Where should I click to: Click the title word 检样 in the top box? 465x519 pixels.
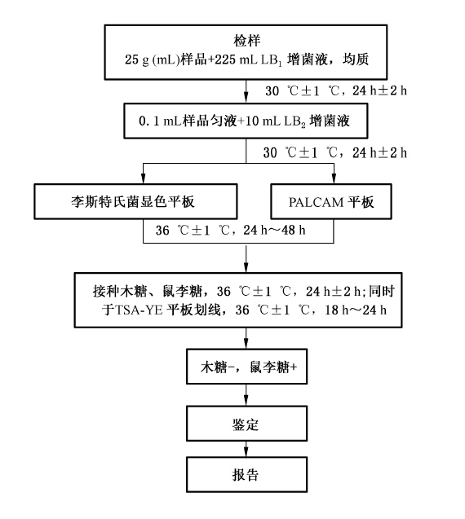(247, 41)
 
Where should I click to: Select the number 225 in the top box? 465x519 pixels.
(225, 59)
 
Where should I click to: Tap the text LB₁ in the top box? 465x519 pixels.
(272, 60)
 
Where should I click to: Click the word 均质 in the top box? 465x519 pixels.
(356, 59)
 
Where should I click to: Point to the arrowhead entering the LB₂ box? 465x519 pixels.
(246, 98)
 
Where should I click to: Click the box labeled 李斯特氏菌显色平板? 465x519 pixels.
(135, 201)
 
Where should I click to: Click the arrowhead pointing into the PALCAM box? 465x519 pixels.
(334, 178)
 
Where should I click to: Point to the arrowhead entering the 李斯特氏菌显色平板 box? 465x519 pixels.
(144, 178)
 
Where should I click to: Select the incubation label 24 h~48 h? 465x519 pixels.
(274, 230)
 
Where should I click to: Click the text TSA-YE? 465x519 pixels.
(139, 310)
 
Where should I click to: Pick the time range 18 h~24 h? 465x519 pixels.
(356, 310)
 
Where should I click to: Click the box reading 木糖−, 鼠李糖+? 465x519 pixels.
(246, 367)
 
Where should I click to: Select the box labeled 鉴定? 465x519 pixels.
(246, 424)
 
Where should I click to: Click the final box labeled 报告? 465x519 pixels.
(246, 474)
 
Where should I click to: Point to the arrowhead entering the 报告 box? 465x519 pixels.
(246, 451)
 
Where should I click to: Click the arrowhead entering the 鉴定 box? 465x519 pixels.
(246, 401)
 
